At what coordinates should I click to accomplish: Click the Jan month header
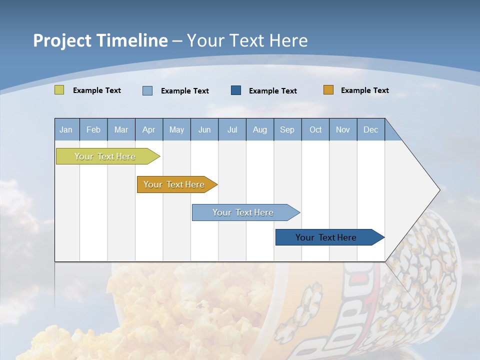[x=66, y=129]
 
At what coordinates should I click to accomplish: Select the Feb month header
[x=93, y=129]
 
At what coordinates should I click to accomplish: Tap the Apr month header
[x=148, y=129]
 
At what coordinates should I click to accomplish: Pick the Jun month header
[x=204, y=129]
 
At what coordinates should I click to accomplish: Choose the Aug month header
[x=259, y=129]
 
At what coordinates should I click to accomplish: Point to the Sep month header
[x=287, y=129]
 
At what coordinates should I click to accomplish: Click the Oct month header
[x=315, y=129]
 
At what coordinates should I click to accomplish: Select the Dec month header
[x=370, y=129]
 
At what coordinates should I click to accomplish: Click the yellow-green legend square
[x=59, y=90]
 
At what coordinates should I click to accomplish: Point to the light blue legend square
[x=147, y=90]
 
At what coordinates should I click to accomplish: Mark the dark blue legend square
[x=236, y=90]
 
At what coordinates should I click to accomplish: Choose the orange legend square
[x=328, y=90]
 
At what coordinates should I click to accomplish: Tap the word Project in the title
[x=61, y=40]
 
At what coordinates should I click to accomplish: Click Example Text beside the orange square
[x=364, y=90]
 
